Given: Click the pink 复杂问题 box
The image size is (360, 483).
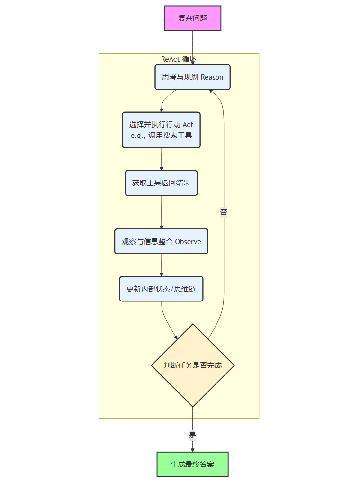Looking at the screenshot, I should (x=192, y=18).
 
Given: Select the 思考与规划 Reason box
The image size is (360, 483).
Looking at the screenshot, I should (x=192, y=77).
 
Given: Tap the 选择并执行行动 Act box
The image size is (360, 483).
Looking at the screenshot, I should (x=161, y=130).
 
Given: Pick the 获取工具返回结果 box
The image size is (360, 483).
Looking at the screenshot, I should (x=161, y=182).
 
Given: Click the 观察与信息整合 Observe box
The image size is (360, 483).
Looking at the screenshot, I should (x=161, y=241).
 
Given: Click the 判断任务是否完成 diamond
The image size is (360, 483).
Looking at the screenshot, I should (x=192, y=365).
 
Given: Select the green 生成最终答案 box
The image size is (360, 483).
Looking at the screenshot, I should (x=192, y=464).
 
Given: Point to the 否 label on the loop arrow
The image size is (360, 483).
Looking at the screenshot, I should (x=224, y=212).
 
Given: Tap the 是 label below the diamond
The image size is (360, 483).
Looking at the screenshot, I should (x=192, y=435).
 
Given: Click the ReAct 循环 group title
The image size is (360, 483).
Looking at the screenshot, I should (x=179, y=59).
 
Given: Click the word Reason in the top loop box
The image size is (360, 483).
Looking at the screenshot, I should (x=212, y=77).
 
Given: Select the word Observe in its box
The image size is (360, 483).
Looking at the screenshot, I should (x=188, y=242).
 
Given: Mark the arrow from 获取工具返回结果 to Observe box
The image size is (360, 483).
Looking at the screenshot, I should (x=161, y=212).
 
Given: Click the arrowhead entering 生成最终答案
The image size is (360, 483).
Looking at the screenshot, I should (x=192, y=449).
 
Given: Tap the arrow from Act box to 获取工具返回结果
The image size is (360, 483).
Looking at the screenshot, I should (x=161, y=160).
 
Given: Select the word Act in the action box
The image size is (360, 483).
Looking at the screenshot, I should (x=188, y=125).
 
